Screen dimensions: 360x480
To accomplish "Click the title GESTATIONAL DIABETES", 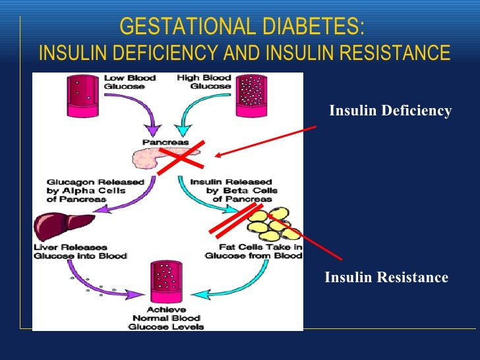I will pos(242,28).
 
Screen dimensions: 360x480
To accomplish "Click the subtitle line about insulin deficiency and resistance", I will pos(245,53).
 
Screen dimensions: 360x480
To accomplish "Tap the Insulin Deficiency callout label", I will pos(390,111).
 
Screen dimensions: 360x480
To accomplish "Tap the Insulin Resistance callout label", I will pos(386,278).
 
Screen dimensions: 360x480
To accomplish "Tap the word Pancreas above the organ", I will pos(165,142).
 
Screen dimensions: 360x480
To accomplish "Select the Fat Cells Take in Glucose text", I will pos(253,251).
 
